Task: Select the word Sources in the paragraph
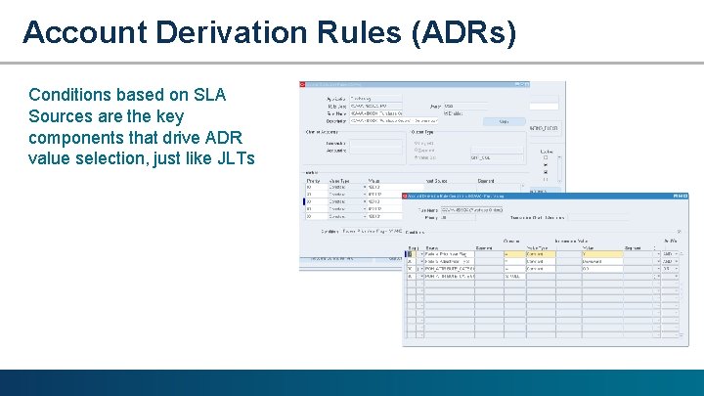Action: tap(62, 116)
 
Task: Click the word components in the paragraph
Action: tap(80, 137)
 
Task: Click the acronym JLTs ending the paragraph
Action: tap(235, 158)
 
